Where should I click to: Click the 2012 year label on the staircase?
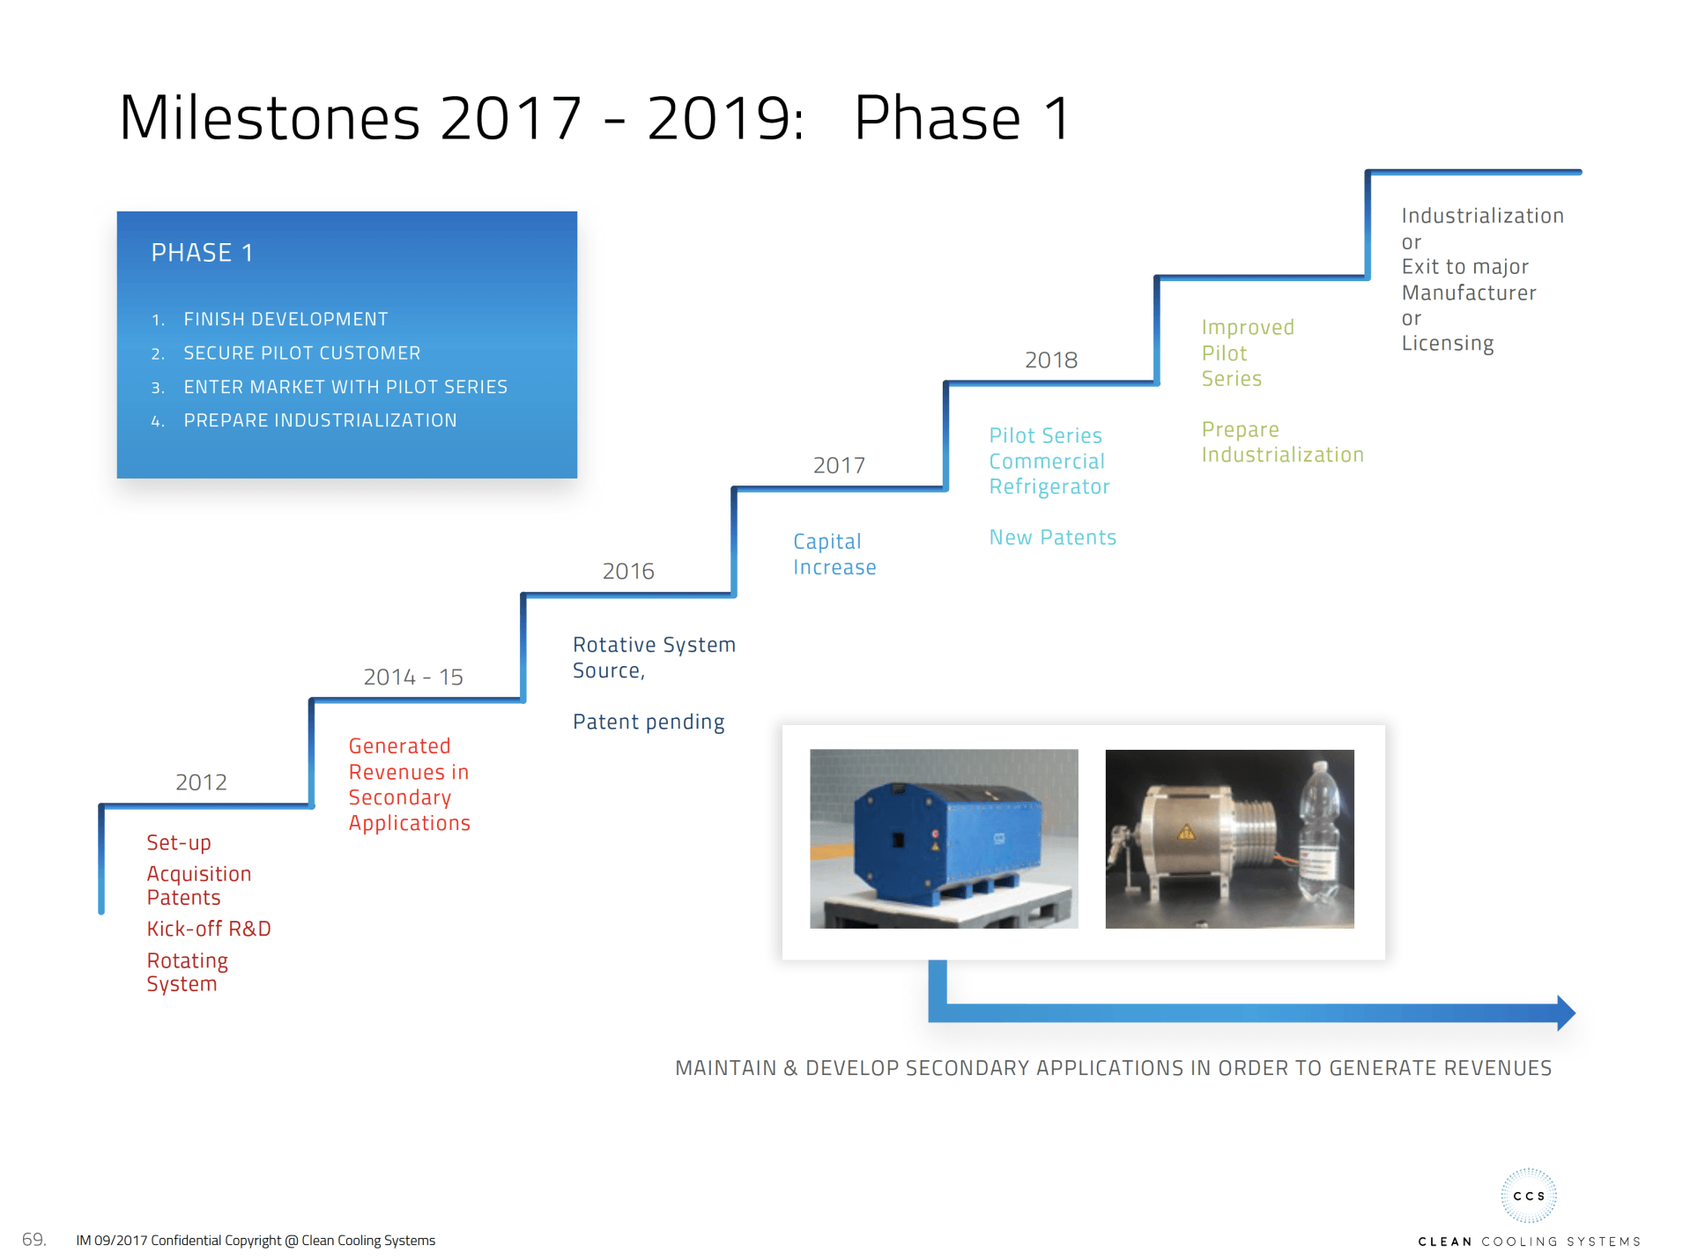[x=201, y=782]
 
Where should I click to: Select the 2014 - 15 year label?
[x=413, y=677]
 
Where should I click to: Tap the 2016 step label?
[x=628, y=571]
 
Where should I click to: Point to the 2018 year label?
[x=1051, y=359]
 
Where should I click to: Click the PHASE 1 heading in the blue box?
[x=202, y=253]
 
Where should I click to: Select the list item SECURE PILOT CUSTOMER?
[x=302, y=353]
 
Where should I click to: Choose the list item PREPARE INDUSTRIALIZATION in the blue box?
[x=321, y=420]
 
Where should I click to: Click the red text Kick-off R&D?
[x=209, y=929]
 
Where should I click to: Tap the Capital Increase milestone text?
[x=834, y=554]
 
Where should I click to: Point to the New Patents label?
[x=1053, y=537]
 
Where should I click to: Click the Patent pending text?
[x=649, y=723]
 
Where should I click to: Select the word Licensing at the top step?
[x=1448, y=344]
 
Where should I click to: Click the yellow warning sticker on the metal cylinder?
[x=1187, y=832]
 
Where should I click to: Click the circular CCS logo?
[x=1529, y=1196]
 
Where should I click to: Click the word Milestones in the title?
[x=270, y=118]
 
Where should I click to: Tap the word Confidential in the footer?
[x=186, y=1241]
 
